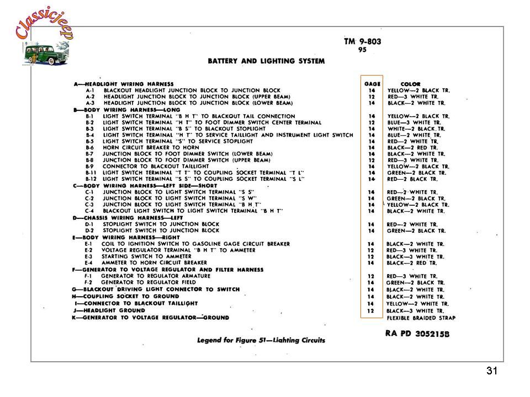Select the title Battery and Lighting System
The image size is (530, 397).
point(266,61)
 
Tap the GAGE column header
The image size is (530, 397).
point(372,84)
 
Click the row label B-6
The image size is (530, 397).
point(90,148)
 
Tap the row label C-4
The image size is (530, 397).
point(90,211)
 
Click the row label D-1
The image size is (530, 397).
point(90,224)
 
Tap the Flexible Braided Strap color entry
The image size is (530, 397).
point(421,318)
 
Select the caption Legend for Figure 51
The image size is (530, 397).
point(261,340)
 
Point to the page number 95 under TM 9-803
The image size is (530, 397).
point(362,50)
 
